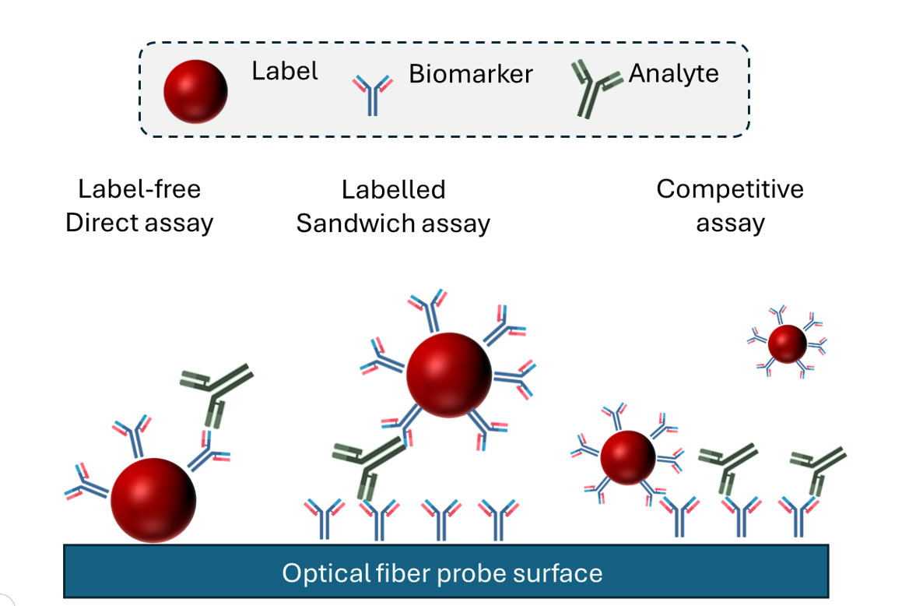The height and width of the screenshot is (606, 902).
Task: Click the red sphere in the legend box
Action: [195, 91]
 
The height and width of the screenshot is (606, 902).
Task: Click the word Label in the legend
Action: [284, 72]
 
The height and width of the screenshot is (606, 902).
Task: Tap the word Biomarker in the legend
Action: [471, 75]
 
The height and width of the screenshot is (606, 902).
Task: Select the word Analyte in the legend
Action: [673, 75]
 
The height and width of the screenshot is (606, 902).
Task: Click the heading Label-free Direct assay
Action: [139, 206]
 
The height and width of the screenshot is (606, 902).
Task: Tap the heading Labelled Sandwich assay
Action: [393, 206]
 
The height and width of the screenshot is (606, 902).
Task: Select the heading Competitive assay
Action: [730, 206]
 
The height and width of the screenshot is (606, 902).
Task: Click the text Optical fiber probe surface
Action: [442, 574]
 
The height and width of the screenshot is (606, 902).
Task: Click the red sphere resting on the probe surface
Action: [153, 499]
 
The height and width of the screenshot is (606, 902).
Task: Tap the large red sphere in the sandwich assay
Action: [449, 374]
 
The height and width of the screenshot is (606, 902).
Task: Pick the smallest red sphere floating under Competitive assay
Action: [787, 344]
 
